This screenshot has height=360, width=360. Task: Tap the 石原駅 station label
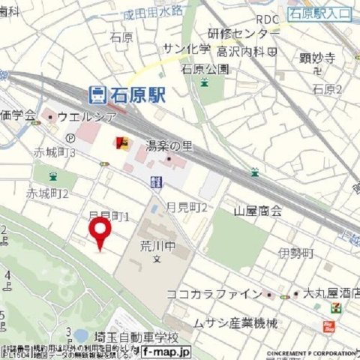pos(139,94)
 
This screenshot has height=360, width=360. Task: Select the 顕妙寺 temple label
pos(315,57)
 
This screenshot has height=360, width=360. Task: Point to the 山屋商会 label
pos(257,211)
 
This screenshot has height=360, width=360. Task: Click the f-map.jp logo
pos(166,351)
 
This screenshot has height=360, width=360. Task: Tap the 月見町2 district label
pos(187,205)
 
